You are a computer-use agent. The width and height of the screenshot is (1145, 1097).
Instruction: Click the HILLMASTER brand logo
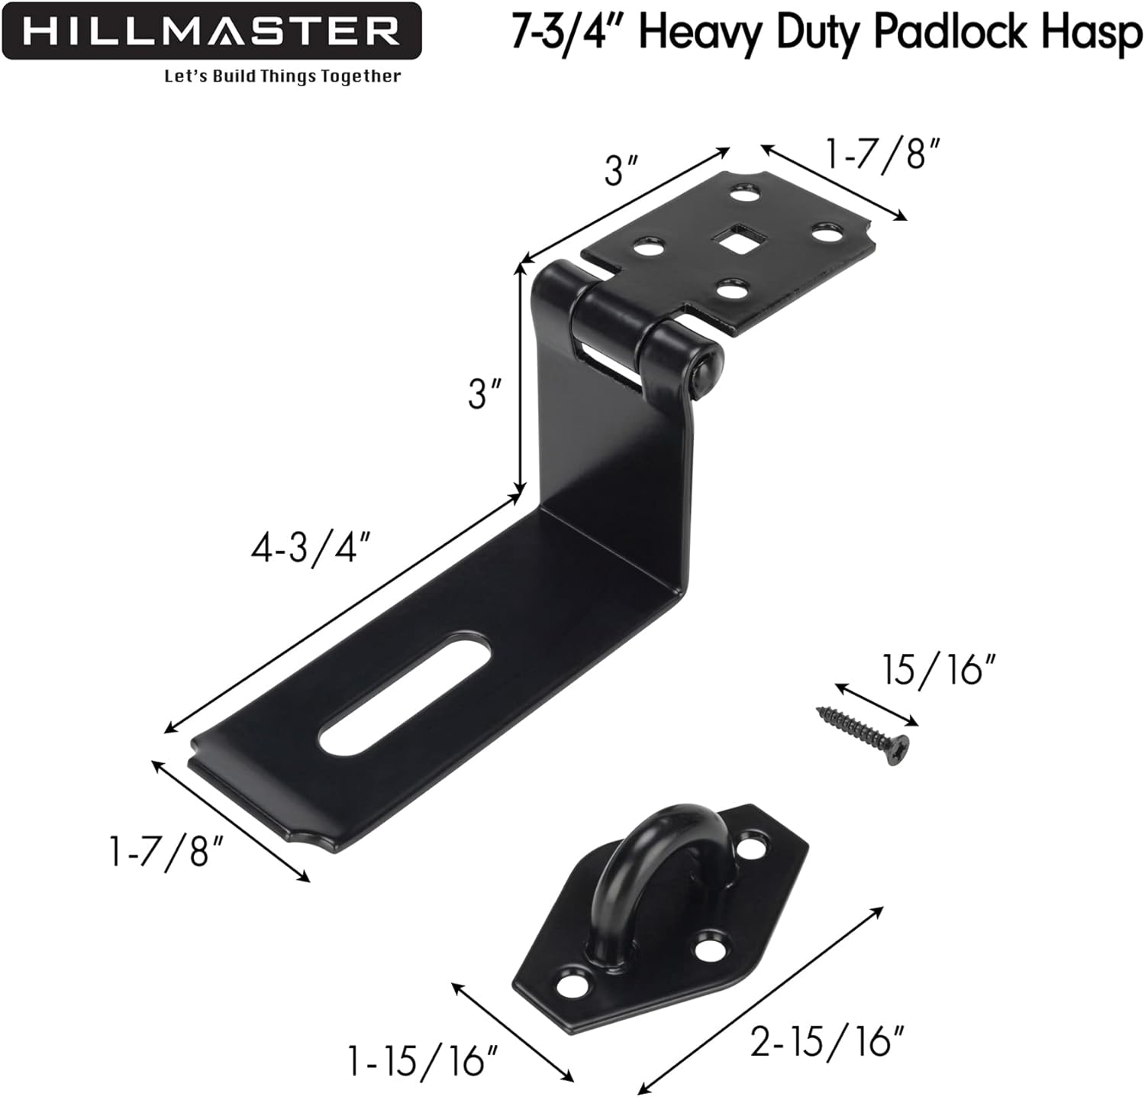[211, 31]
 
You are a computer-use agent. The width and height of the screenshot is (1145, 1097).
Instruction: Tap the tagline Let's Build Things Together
[282, 76]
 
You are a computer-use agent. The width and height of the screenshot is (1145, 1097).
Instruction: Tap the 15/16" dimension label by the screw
[940, 670]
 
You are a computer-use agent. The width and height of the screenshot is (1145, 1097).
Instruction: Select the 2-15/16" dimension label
[827, 1040]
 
